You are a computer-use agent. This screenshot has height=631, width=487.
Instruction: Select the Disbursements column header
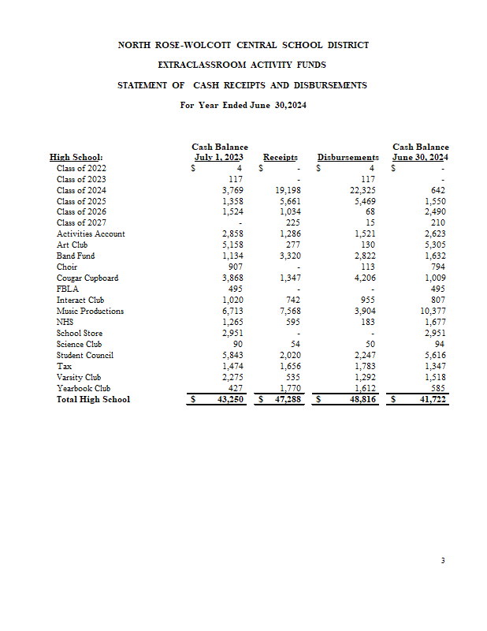[348, 158]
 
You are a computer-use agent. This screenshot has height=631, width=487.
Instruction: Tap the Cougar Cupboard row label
[87, 278]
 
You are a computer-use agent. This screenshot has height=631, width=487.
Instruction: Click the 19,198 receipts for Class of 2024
[290, 190]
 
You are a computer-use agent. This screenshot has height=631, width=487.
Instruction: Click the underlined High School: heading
[76, 158]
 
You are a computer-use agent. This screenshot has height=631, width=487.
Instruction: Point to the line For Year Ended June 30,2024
[243, 105]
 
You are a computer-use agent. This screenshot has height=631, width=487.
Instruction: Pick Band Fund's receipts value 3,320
[292, 256]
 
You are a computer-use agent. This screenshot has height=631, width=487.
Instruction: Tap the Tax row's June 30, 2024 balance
[435, 367]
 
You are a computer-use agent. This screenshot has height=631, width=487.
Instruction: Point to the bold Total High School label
[93, 400]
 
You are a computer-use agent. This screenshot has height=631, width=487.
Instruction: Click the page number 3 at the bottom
[444, 561]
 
